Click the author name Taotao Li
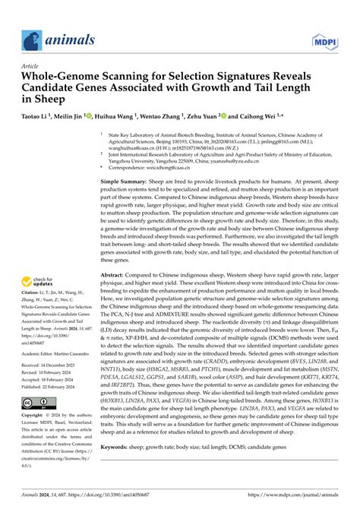pyautogui.click(x=38, y=119)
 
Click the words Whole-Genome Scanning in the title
pyautogui.click(x=84, y=77)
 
